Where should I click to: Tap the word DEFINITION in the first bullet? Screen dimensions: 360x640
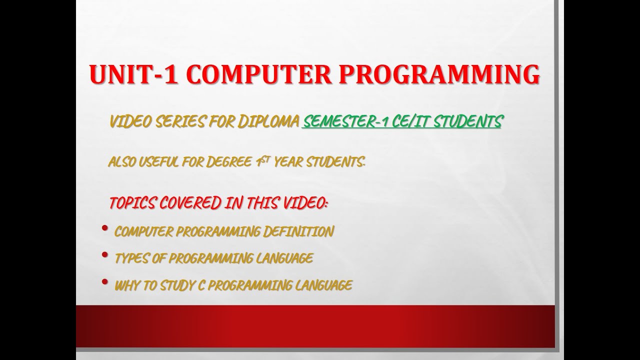click(304, 231)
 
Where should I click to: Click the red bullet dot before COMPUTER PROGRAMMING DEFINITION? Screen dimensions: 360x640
click(104, 228)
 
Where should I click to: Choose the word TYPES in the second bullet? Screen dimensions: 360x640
click(131, 258)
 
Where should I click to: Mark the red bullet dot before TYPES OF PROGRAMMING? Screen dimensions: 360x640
click(104, 255)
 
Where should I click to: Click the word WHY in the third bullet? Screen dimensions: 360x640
click(126, 285)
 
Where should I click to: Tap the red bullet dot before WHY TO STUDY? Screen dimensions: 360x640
click(104, 282)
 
